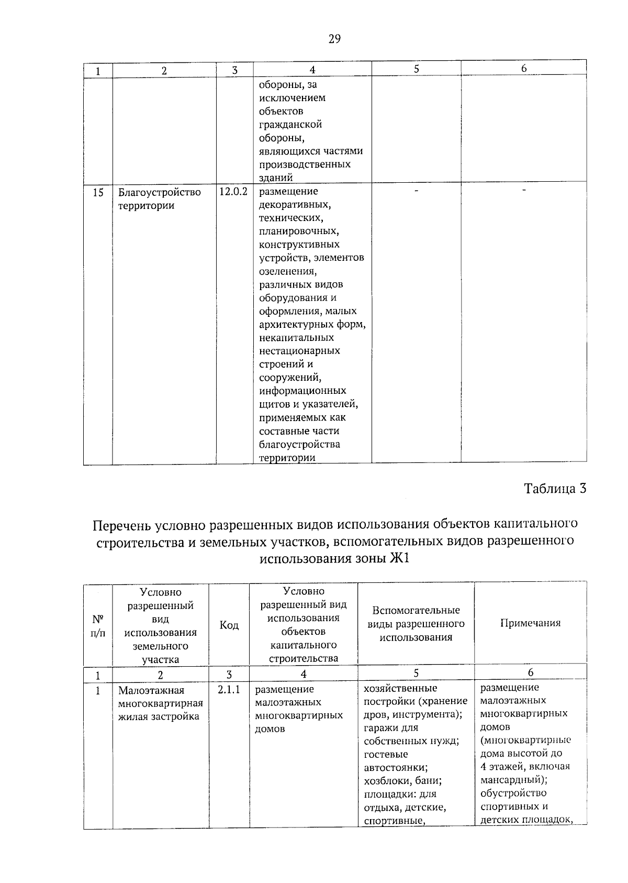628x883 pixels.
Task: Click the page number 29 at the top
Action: pos(334,39)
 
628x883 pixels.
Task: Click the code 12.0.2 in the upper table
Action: pos(233,192)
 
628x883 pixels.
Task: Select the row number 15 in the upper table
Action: pos(98,193)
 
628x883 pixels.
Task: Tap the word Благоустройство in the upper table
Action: pos(159,192)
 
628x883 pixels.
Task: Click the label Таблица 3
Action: pos(555,489)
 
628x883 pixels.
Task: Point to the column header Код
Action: pos(229,625)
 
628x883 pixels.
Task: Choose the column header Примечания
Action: pos(530,623)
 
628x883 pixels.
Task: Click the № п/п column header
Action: pos(98,626)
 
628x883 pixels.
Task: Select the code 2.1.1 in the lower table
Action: pos(229,689)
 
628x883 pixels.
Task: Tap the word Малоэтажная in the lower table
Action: pos(151,690)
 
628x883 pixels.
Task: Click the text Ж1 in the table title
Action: pos(399,559)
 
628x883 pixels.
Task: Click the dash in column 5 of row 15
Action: pos(416,192)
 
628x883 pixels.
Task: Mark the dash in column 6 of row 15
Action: pos(524,192)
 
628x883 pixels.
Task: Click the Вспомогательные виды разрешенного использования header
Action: pos(416,624)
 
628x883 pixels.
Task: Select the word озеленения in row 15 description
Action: pos(288,271)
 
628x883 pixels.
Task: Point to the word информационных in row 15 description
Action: pos(302,391)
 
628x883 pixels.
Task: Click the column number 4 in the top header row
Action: pos(312,70)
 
